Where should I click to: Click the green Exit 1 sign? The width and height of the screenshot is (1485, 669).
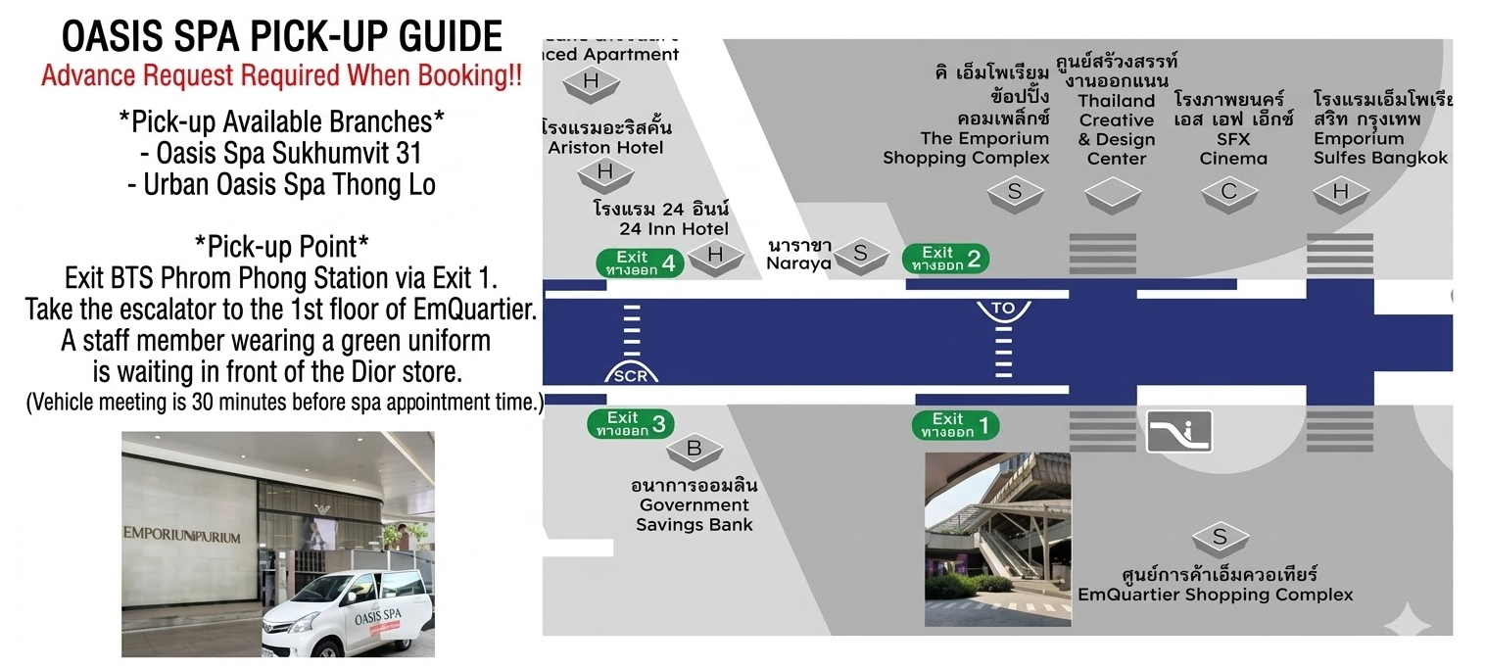[956, 425]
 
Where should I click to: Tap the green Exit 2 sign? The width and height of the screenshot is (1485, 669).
[946, 259]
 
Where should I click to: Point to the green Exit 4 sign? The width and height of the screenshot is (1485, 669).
[640, 263]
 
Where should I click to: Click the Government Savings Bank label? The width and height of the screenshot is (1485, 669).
[694, 505]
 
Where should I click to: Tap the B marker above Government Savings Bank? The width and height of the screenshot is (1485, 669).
[695, 451]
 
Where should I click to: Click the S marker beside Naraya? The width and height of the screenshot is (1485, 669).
[860, 254]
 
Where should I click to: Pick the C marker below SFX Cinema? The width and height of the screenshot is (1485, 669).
[1229, 192]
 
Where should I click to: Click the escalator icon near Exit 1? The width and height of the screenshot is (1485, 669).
[1179, 431]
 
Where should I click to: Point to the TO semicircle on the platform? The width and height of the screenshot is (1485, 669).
[1003, 310]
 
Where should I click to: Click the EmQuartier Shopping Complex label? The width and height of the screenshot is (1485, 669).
[1215, 585]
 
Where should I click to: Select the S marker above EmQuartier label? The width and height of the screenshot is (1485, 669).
[1220, 537]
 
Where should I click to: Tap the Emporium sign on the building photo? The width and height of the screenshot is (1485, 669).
[182, 537]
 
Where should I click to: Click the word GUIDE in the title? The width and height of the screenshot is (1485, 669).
[444, 37]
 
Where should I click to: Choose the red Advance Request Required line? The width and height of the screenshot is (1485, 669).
[281, 76]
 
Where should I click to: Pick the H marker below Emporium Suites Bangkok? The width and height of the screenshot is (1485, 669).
[1340, 192]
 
